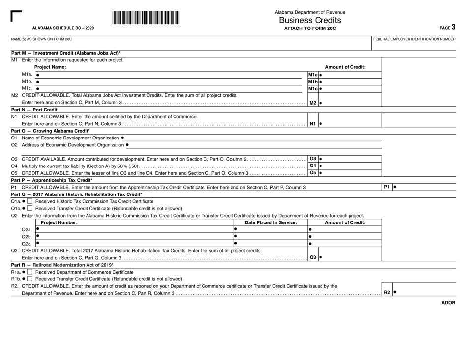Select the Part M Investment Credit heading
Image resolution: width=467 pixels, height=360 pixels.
(65, 53)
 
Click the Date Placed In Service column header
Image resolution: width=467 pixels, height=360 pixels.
(270, 222)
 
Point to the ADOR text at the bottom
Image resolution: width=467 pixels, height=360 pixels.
(448, 303)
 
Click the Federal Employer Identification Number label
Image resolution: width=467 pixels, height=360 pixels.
(414, 39)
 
